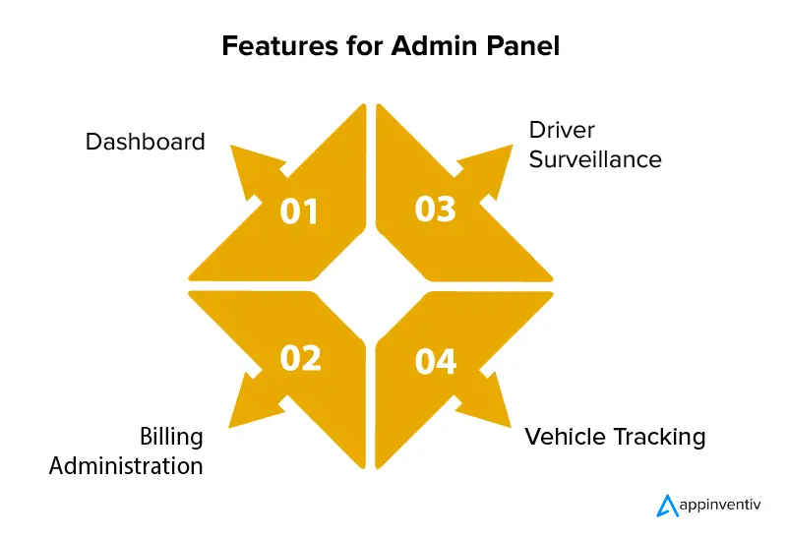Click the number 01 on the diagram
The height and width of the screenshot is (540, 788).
299,210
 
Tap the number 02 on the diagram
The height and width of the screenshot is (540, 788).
300,359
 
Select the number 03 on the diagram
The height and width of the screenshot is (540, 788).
435,210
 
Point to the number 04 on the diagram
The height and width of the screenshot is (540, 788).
436,362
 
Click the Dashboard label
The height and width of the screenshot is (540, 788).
146,142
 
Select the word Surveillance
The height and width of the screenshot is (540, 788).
595,158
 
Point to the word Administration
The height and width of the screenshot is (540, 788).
126,464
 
